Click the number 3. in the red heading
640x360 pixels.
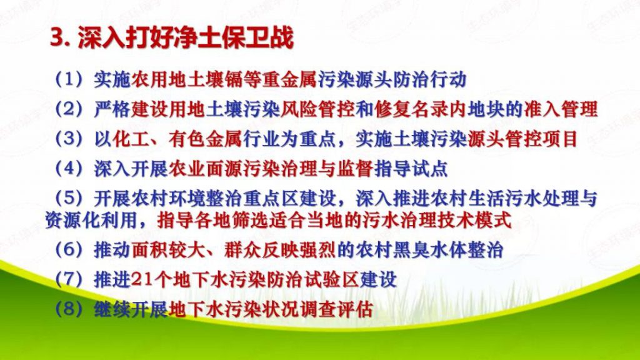(61, 39)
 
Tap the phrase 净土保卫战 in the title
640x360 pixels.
(232, 38)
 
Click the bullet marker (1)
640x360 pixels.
(69, 79)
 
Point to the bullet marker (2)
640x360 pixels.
(69, 109)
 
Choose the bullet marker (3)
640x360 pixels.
(69, 139)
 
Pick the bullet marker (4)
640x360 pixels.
(69, 169)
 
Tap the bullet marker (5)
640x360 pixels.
(69, 198)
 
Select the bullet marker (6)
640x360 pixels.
(69, 250)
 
